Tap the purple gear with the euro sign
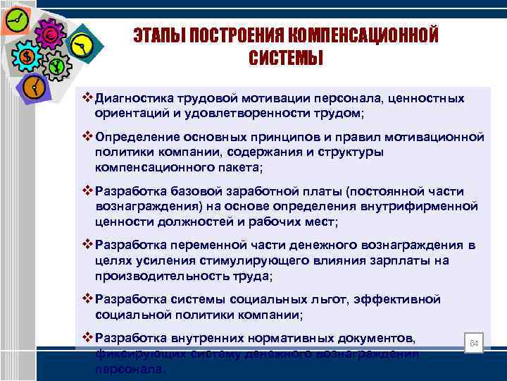click(x=50, y=33)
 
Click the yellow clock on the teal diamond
click(x=82, y=46)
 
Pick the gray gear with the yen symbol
click(x=56, y=67)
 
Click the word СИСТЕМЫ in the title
click(x=285, y=58)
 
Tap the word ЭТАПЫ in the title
click(x=159, y=35)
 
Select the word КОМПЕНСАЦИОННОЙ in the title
click(x=366, y=35)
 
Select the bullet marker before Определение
click(x=88, y=135)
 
